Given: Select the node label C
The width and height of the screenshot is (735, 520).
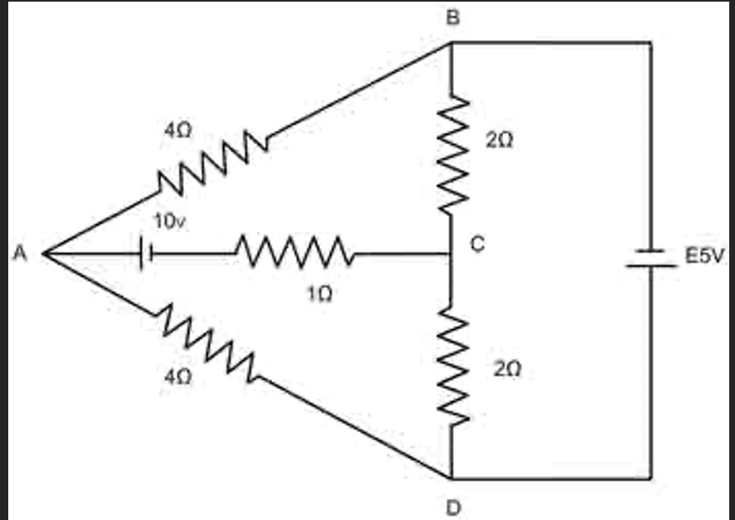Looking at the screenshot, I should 478,244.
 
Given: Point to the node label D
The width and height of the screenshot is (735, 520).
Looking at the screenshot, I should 453,505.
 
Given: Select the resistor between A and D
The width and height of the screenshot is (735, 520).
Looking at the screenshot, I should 207,345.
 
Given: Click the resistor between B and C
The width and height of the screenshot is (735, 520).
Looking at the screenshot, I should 452,153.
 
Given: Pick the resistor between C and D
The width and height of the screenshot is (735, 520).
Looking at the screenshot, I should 452,363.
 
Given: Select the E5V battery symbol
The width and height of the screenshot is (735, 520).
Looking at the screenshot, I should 651,258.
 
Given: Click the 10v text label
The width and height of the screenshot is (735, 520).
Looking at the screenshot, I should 171,221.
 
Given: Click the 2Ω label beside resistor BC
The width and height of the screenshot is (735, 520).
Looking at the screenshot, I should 499,142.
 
